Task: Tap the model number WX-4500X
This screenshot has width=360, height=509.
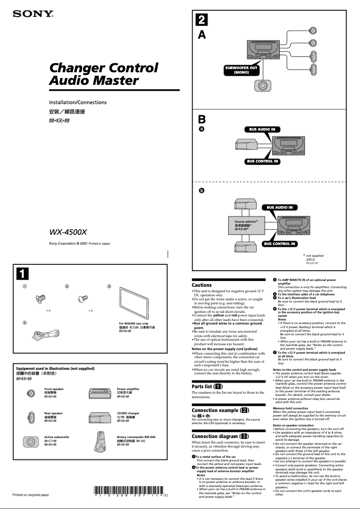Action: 68,232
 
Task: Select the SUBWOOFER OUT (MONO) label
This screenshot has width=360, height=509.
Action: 241,70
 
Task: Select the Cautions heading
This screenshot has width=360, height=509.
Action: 202,285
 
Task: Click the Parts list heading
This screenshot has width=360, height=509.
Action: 207,386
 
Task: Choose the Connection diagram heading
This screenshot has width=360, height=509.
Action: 220,436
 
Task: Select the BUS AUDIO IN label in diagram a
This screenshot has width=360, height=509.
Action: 262,129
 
